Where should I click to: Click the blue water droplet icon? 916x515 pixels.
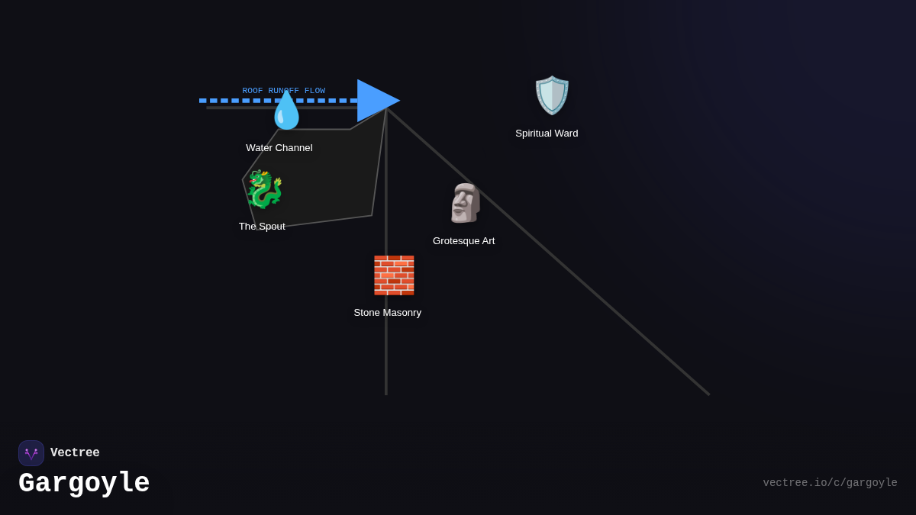pos(287,111)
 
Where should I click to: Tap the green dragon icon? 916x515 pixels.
pos(264,189)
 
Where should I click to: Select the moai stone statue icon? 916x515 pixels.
pos(464,203)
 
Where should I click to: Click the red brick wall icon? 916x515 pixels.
pos(394,275)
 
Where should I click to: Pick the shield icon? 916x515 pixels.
pos(552,95)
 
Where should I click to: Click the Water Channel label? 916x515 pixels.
pos(279,148)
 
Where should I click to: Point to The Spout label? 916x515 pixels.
pos(262,227)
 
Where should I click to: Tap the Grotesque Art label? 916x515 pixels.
pos(463,241)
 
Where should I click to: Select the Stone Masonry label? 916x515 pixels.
pos(387,313)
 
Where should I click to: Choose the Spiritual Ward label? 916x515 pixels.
pos(547,134)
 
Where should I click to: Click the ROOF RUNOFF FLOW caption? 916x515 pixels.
pos(283,91)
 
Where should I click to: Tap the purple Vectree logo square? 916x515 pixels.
pos(31,453)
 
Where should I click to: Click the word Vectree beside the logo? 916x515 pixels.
pos(75,453)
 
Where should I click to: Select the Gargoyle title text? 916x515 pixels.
pos(84,484)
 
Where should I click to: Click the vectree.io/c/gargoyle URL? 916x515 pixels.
pos(830,483)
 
